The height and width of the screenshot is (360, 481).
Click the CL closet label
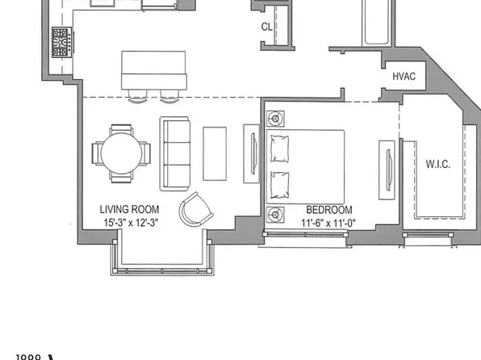(266, 26)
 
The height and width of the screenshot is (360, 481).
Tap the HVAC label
(404, 76)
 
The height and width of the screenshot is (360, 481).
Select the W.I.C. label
(438, 165)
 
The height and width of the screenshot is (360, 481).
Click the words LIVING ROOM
(129, 208)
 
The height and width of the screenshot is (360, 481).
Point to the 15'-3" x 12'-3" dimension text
(129, 222)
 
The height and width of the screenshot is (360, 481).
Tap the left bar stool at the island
(138, 96)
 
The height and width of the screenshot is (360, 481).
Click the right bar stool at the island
(169, 96)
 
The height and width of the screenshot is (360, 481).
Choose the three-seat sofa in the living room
(174, 153)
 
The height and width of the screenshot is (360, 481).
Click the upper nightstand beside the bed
(276, 119)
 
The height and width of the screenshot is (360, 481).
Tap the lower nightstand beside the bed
(276, 214)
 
